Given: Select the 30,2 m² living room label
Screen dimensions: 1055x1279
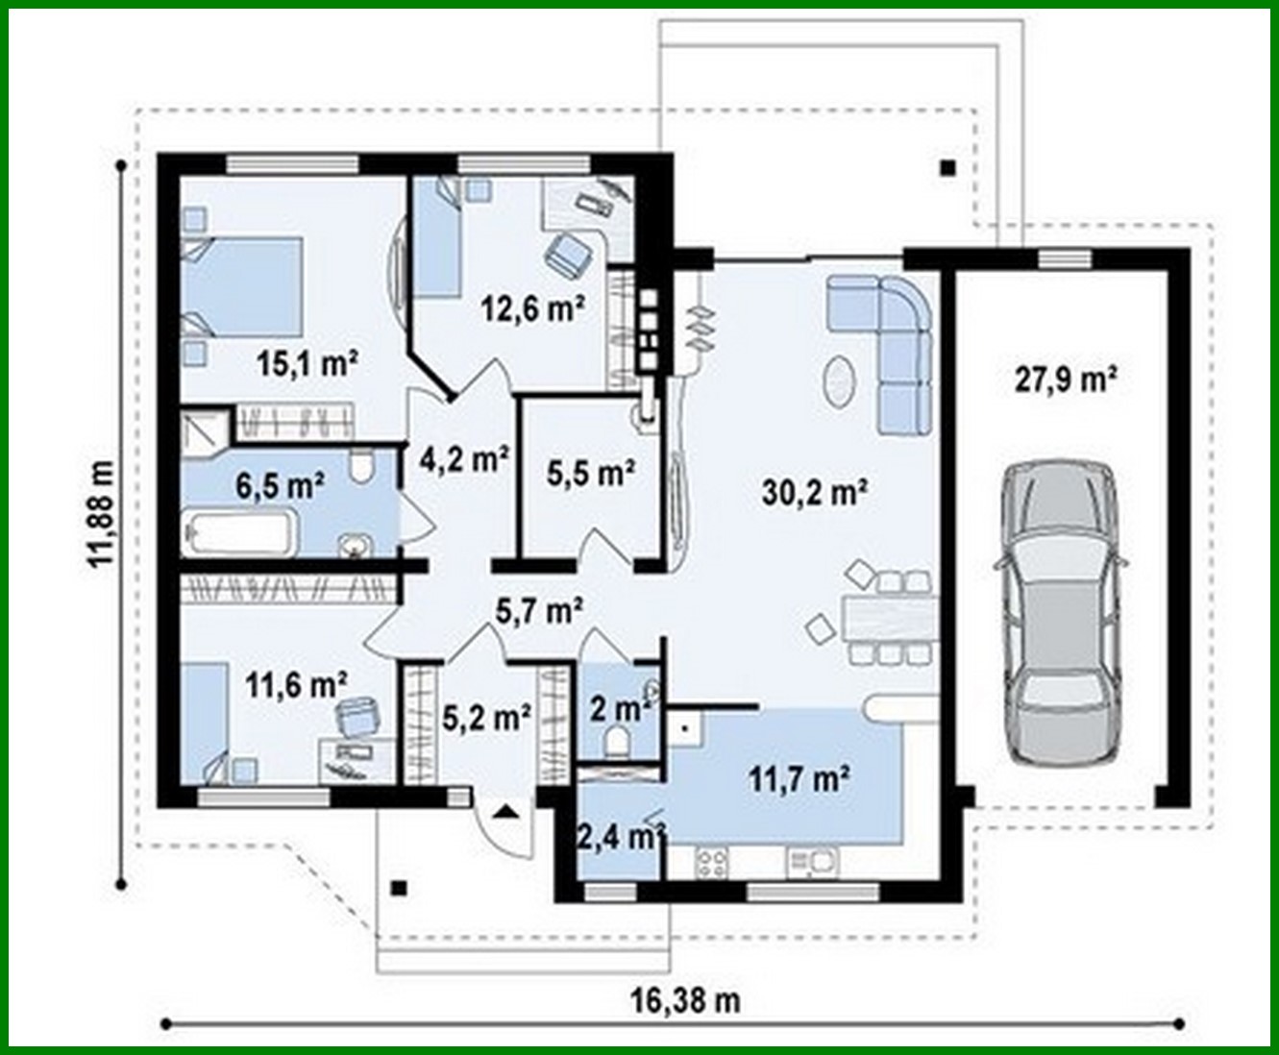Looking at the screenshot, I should [x=816, y=493].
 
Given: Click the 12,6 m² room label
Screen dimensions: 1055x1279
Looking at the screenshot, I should [x=533, y=308].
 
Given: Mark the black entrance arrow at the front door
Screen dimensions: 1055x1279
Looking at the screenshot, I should [x=506, y=811].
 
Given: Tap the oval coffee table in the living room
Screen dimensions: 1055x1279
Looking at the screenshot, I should [x=840, y=381].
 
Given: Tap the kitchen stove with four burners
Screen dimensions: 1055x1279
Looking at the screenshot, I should [x=711, y=861].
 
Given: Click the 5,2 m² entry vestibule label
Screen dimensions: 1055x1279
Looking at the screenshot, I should [x=487, y=716].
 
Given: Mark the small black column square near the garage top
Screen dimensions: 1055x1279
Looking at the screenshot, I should [x=947, y=167].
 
